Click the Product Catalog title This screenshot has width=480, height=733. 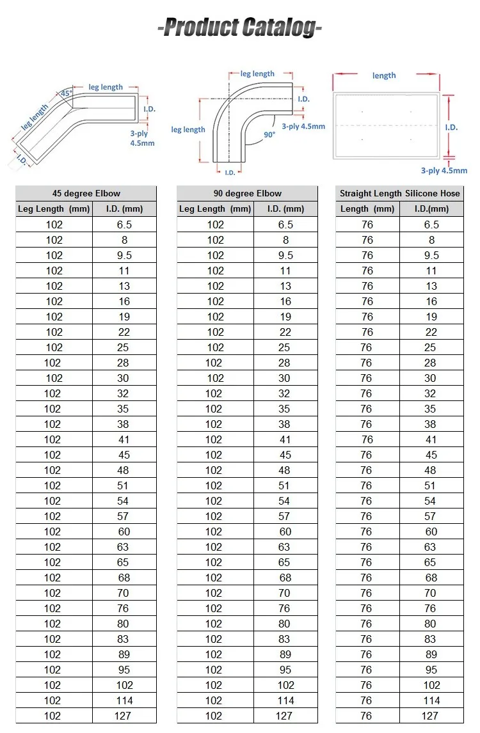(239, 28)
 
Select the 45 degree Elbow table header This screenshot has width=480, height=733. (86, 193)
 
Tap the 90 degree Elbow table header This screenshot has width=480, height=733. (247, 193)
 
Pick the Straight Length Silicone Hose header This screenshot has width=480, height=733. (399, 193)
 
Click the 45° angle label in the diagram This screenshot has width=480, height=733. (65, 93)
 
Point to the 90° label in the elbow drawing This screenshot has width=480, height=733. (269, 135)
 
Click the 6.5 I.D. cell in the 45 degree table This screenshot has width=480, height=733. (124, 225)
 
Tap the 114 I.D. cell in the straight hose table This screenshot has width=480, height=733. (431, 700)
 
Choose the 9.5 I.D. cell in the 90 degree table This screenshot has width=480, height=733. (285, 255)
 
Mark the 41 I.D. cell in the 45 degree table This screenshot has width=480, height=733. (124, 439)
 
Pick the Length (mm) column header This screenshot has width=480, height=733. (367, 209)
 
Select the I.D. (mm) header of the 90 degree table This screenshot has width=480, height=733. (285, 209)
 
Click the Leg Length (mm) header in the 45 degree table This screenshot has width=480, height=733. (54, 209)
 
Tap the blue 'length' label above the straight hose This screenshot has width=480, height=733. (384, 75)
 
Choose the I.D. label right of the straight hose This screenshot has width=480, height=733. (452, 127)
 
